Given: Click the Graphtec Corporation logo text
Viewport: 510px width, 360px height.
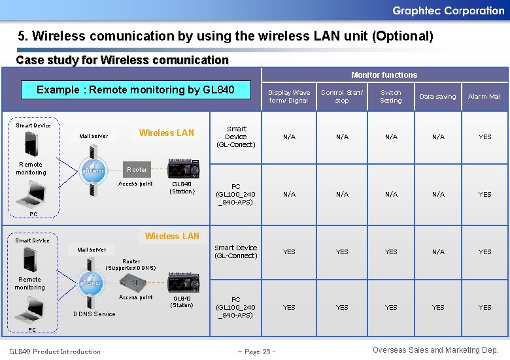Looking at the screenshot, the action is (448, 10).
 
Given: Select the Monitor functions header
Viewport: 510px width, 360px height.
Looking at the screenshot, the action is (384, 75).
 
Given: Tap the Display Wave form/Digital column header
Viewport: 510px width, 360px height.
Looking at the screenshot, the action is (288, 97).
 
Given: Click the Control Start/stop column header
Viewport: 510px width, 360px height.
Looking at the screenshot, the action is (342, 97).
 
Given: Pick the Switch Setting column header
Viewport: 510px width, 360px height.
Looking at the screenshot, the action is (391, 97).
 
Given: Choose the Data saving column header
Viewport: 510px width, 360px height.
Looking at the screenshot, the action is (437, 97).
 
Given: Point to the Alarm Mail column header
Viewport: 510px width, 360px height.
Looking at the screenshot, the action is (484, 97).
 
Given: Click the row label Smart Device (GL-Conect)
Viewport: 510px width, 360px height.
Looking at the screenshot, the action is (236, 137).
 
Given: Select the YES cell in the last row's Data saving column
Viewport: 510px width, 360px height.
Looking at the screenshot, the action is (438, 307).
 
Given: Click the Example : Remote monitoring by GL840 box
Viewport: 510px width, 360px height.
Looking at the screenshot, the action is (135, 90).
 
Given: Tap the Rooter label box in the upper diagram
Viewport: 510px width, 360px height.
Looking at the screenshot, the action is (137, 170).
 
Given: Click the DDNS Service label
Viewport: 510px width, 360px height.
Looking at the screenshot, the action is (94, 314).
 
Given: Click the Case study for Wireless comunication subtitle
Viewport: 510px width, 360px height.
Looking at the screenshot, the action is (122, 60).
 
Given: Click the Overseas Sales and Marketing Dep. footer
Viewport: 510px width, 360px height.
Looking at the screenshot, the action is (435, 350).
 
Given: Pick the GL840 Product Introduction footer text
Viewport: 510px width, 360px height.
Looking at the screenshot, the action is (55, 352).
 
